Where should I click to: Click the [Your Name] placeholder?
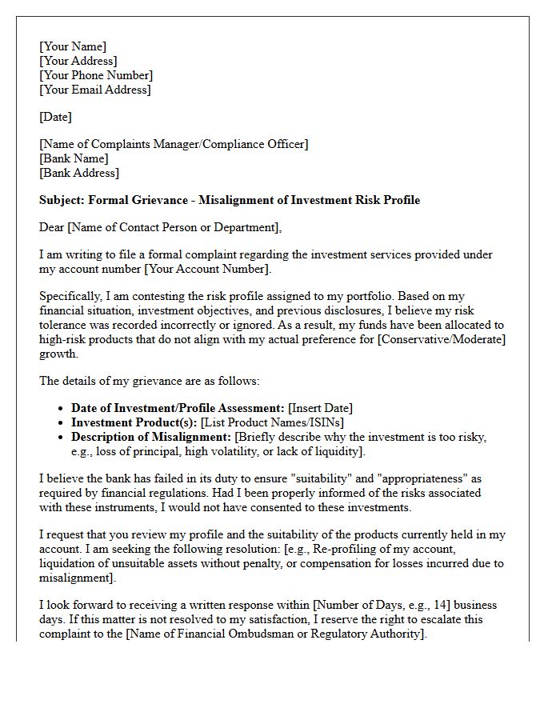[x=73, y=46]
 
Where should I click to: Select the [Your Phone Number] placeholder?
[x=96, y=75]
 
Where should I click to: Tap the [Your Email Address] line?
[x=94, y=90]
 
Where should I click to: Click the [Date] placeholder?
[x=55, y=117]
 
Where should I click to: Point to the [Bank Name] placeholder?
[x=74, y=158]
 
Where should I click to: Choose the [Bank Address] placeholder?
[x=78, y=173]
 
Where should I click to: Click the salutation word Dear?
[x=52, y=227]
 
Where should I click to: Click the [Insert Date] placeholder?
[x=320, y=408]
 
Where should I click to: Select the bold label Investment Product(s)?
[x=134, y=422]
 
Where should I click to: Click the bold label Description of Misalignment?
[x=150, y=437]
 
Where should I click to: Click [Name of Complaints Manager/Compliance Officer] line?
[x=174, y=144]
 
